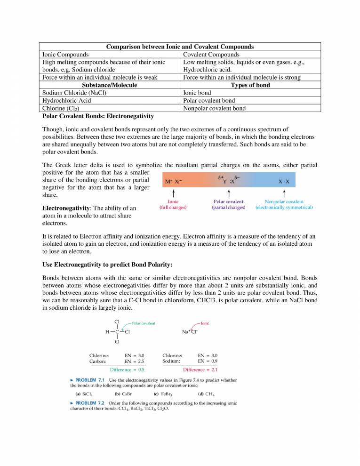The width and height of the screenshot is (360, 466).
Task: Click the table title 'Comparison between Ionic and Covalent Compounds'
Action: (x=180, y=47)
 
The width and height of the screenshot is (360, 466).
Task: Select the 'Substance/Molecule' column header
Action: (x=110, y=85)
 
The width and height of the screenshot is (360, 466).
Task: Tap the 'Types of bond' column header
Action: (x=250, y=85)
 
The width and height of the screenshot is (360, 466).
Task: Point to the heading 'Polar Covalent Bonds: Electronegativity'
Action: (x=98, y=115)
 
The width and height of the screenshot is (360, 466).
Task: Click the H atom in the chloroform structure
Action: (x=107, y=331)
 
